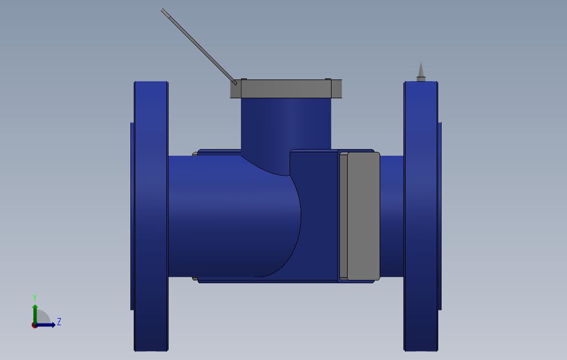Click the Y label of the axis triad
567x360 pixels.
(35, 298)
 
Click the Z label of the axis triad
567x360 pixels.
(59, 321)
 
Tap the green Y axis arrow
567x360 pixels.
(35, 312)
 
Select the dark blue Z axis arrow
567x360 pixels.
(47, 325)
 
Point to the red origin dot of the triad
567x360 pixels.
(34, 325)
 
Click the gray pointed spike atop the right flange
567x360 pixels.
(421, 72)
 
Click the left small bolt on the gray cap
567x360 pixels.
(244, 79)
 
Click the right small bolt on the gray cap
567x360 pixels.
(328, 79)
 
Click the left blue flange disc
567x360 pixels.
(151, 215)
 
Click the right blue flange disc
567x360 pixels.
(421, 215)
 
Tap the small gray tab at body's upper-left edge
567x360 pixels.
(195, 153)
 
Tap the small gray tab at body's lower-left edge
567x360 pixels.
(195, 278)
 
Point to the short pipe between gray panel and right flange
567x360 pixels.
(392, 215)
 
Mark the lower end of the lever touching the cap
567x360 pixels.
(235, 83)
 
